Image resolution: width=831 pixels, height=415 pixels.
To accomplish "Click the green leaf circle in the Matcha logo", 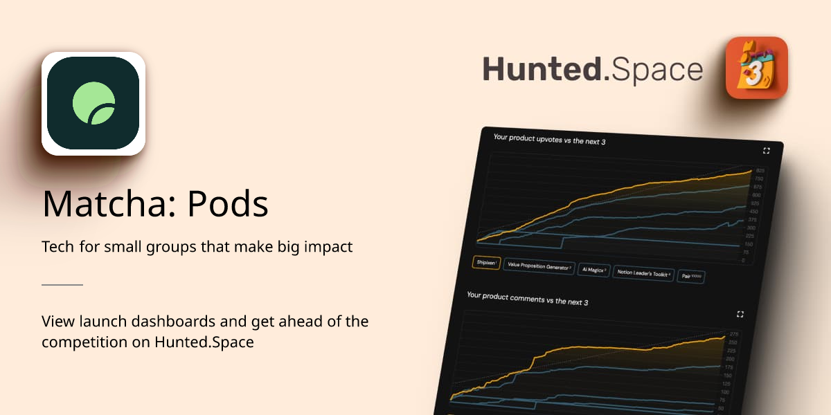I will (x=93, y=104).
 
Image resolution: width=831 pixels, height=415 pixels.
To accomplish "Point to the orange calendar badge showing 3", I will (x=756, y=67).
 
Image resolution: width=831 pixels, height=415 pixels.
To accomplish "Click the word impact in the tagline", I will (x=330, y=247).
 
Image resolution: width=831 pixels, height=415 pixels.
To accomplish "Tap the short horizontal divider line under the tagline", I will (x=62, y=284).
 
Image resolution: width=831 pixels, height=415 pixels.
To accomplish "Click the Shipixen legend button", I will (x=486, y=263).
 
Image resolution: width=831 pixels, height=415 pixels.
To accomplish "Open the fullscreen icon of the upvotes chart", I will (x=767, y=150).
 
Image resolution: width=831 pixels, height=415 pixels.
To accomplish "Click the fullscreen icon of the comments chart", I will (x=740, y=314).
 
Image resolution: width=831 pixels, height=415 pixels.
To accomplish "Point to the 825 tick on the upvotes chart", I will (x=760, y=170).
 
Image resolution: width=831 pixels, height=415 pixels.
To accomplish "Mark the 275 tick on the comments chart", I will (x=733, y=335).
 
